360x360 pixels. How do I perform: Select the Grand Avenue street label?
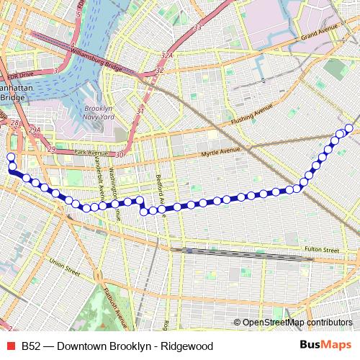[x=320, y=35]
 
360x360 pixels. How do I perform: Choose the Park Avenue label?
[x=90, y=153]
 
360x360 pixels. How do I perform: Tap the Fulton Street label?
[x=321, y=250]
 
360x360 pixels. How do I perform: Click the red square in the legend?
[x=10, y=346]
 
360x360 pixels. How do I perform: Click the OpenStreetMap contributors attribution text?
[x=297, y=323]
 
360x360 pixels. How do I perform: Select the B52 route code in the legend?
[x=30, y=346]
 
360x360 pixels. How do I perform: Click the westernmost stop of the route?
[x=10, y=156]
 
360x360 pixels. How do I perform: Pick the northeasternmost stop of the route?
[x=349, y=128]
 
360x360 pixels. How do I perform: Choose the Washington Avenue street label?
[x=112, y=185]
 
